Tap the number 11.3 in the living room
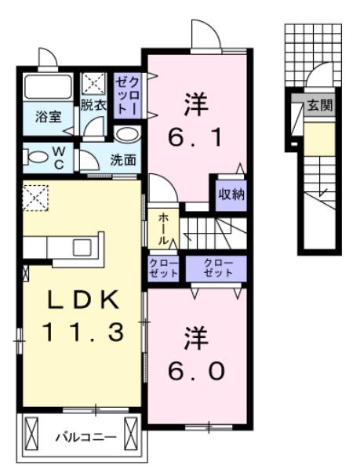coord(82,332)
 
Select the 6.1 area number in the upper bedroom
coord(196,140)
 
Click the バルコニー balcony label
coord(85,436)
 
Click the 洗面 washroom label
coord(122,160)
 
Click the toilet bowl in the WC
coord(36,156)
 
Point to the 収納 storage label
coord(231,193)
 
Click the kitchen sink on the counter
coord(82,247)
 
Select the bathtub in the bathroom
coord(47,86)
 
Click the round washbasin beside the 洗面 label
coord(130,134)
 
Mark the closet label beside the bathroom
coord(126,95)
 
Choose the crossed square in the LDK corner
coord(35,197)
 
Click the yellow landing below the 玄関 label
coord(318,139)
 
